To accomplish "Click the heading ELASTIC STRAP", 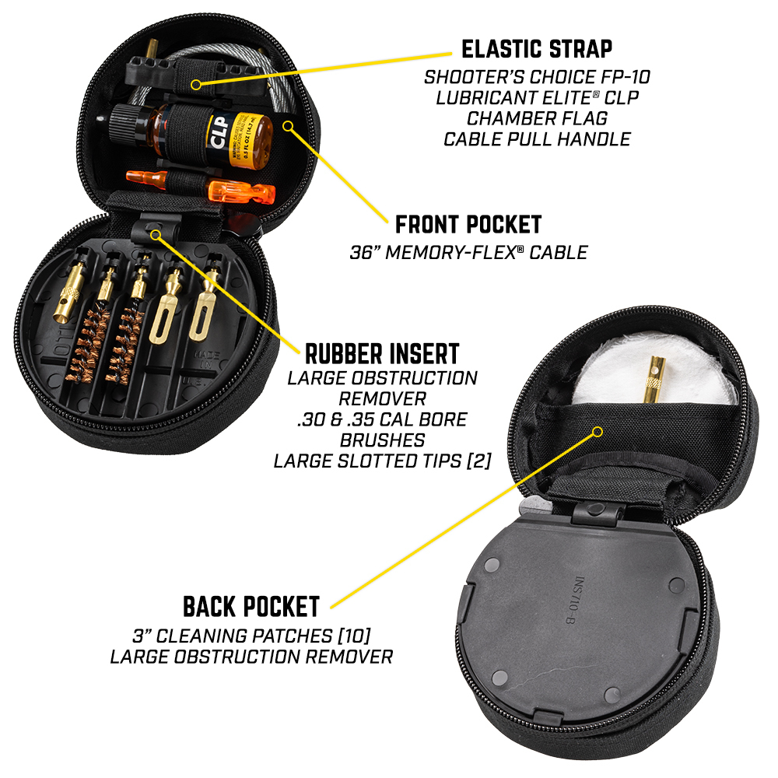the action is (x=536, y=49).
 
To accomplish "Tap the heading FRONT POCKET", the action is (x=468, y=225).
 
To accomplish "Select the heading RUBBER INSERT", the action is (x=382, y=354).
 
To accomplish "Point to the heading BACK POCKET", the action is (x=251, y=607).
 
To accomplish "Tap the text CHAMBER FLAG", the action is (x=537, y=118).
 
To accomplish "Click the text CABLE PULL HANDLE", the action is (x=537, y=139).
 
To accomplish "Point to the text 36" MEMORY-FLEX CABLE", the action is (x=468, y=253).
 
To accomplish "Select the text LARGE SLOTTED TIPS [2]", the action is (x=382, y=461).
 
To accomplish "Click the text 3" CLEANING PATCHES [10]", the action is (x=251, y=636).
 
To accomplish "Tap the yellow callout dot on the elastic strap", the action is (x=197, y=84).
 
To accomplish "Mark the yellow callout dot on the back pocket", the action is (x=598, y=432).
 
